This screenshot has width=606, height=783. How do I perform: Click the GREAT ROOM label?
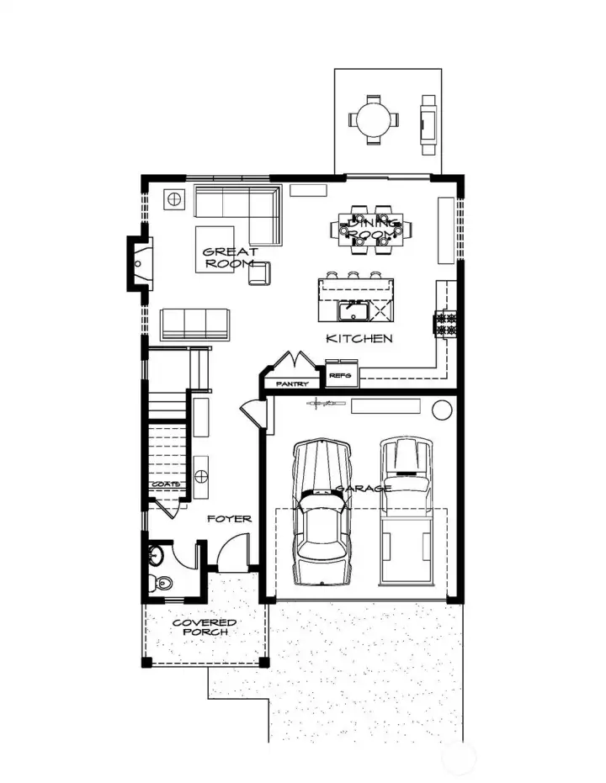point(230,257)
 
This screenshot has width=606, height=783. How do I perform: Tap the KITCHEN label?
point(359,339)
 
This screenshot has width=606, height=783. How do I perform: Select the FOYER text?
point(229,519)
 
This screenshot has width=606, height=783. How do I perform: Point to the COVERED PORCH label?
point(204,627)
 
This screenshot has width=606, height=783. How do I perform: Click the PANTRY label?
point(291,384)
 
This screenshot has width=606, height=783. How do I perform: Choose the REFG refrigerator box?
point(341,375)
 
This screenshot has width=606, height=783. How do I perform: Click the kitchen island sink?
point(353,311)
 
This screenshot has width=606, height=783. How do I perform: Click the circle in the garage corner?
point(441,410)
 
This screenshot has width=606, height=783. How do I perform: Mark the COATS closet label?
point(166,485)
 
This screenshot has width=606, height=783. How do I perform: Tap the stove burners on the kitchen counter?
point(444,323)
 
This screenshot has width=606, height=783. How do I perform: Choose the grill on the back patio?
point(428,121)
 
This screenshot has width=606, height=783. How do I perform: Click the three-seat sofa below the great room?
point(195,324)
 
